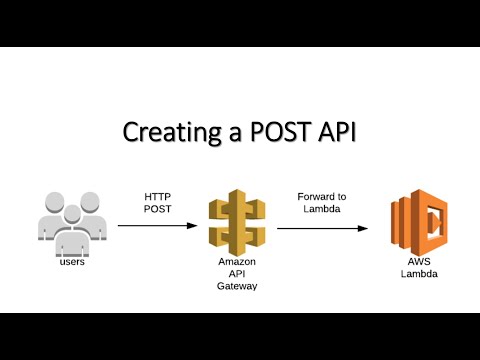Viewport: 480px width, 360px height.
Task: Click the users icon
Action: point(70,221)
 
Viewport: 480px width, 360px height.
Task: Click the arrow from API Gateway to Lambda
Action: point(322,228)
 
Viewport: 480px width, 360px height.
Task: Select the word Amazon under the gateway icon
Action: point(237,261)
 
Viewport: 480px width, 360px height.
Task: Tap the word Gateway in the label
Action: point(237,286)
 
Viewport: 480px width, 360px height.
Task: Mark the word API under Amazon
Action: point(237,274)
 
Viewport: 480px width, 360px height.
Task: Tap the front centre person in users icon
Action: point(69,229)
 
